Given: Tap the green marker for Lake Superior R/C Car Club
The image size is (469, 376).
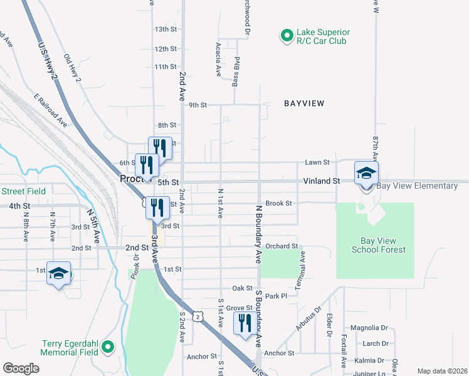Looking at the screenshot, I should point(286,36).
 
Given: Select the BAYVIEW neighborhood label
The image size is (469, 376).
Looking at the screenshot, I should point(304,103).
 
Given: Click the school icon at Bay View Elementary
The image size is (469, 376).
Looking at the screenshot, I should point(366,172).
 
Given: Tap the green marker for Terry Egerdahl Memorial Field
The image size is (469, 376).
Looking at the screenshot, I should point(108,346).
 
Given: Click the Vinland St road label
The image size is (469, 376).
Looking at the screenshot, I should point(322,180).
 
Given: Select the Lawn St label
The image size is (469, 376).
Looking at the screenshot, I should point(317,162).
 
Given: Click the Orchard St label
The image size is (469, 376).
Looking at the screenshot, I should point(280,246).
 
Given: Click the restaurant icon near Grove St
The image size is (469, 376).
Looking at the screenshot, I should point(243,323).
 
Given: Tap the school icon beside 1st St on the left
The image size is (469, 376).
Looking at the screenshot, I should point(58,274).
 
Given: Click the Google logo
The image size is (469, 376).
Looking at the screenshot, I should point(21,368).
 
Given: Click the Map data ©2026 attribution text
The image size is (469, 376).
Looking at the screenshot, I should point(442,371).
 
